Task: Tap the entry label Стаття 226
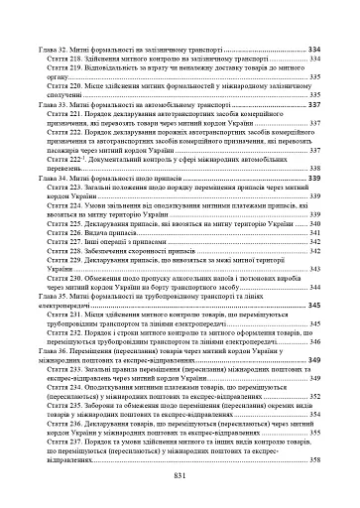(x=65, y=233)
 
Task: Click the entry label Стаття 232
(x=65, y=332)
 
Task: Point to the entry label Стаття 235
(x=65, y=407)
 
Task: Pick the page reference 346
(x=313, y=342)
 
